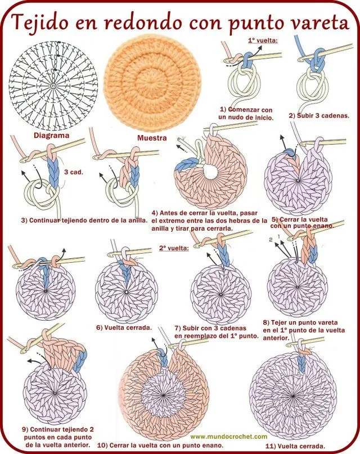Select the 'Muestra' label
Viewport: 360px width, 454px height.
(x=150, y=137)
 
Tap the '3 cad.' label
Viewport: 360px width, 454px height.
(x=74, y=172)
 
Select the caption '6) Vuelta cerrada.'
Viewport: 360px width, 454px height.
(x=124, y=327)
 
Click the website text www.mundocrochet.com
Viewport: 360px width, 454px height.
(x=228, y=436)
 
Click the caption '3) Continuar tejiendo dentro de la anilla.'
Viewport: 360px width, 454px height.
(x=84, y=220)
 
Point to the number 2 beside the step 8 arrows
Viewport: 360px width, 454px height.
(x=270, y=240)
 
